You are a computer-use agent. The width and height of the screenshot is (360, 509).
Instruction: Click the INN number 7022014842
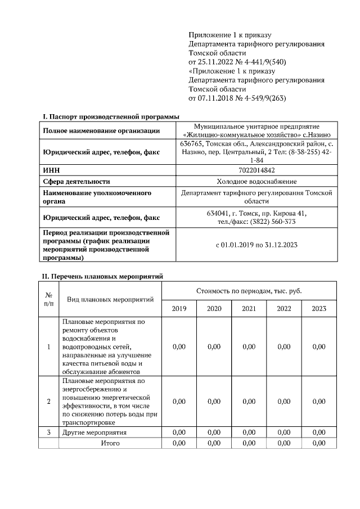click(256, 170)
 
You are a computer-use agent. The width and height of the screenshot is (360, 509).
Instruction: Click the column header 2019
click(179, 309)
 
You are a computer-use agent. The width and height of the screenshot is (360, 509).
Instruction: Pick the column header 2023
click(319, 309)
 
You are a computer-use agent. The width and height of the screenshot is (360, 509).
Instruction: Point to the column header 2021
click(249, 309)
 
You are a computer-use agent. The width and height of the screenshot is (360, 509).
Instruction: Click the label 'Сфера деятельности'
click(76, 181)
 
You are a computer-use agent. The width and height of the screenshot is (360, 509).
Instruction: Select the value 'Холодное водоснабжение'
click(256, 181)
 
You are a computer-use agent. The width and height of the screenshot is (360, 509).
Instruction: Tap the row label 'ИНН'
click(51, 170)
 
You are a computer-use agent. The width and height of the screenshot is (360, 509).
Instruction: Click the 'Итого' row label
click(110, 443)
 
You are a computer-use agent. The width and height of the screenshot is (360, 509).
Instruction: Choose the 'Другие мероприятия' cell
click(94, 433)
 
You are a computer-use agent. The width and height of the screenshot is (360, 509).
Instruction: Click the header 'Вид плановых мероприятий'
click(110, 299)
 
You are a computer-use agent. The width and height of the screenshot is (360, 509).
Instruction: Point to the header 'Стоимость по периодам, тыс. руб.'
click(249, 290)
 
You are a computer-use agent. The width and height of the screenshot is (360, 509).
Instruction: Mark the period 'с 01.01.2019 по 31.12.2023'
click(256, 245)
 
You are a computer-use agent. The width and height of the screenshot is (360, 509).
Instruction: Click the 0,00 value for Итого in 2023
click(319, 443)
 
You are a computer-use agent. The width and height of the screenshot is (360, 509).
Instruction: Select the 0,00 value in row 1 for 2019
click(179, 347)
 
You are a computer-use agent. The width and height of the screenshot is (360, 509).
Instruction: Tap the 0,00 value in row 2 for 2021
click(249, 402)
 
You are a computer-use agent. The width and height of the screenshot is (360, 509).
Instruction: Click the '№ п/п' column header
click(48, 299)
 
